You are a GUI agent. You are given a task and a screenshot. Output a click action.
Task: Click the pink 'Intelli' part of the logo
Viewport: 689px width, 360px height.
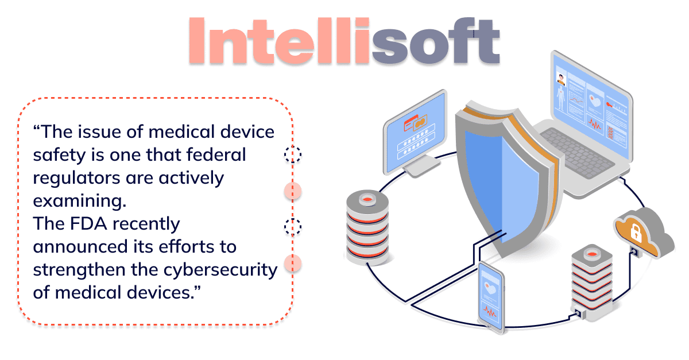point(278,41)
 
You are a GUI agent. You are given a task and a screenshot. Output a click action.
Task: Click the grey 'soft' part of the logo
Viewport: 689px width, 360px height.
point(436,41)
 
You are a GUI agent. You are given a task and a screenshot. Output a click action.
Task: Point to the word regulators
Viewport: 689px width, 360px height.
point(76,179)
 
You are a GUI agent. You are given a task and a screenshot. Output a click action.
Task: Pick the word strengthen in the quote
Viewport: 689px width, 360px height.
point(79,269)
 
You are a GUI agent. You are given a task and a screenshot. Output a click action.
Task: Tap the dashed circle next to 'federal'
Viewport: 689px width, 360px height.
point(292,154)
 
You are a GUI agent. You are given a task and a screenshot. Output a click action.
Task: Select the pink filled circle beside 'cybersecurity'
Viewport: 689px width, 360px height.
point(292,263)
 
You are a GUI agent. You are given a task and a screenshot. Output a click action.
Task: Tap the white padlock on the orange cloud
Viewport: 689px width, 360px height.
point(636,233)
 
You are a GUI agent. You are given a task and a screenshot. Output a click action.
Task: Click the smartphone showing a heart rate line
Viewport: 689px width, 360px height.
point(491,297)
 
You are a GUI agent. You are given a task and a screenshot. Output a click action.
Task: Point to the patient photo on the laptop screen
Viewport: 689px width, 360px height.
point(561,79)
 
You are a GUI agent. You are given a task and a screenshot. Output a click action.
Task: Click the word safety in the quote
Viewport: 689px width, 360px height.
point(59,155)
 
